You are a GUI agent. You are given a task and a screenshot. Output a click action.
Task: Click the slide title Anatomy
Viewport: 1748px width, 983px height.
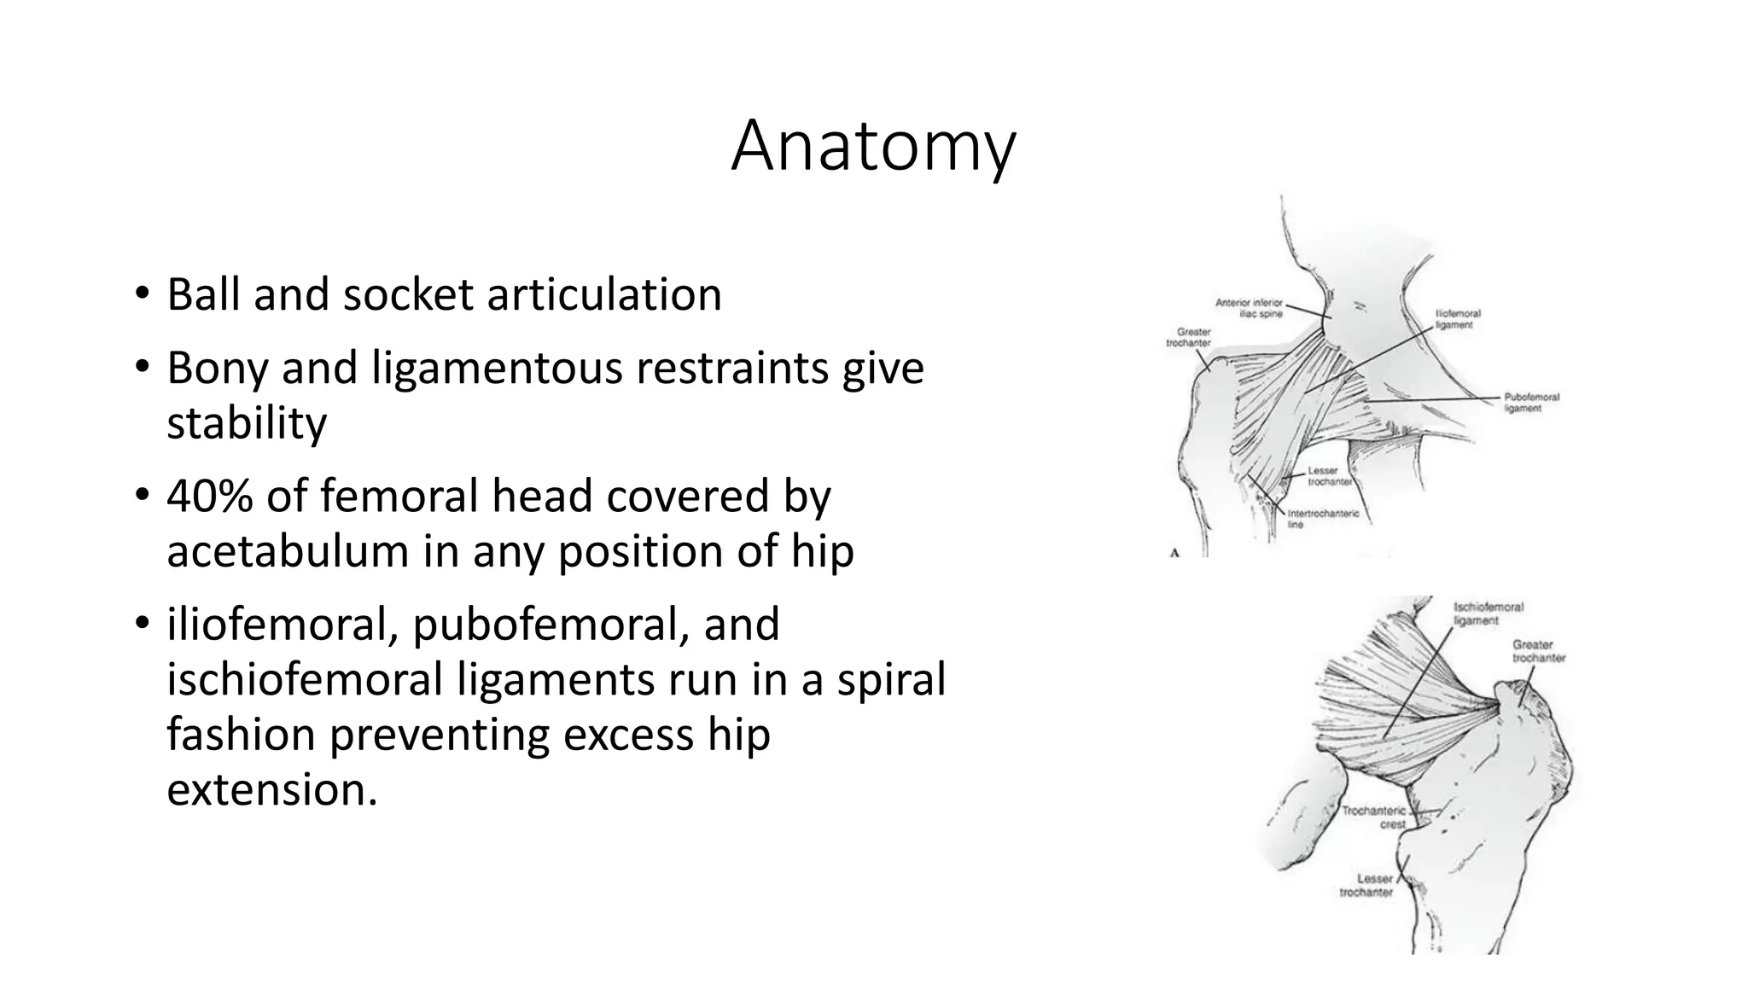click(873, 147)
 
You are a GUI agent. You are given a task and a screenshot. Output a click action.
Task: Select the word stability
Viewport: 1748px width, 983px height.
click(247, 423)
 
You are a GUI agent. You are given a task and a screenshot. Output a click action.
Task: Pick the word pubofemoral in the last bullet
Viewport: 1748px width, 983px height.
click(551, 625)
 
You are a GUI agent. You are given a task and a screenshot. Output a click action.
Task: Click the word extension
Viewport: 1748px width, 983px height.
click(271, 789)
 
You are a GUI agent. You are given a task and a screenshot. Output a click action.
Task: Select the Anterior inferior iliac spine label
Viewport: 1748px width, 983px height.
click(1249, 308)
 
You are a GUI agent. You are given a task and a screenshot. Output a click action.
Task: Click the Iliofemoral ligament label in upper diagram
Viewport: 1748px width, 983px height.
click(1458, 319)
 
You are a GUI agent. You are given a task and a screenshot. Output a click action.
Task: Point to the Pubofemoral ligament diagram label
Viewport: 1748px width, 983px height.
click(1531, 403)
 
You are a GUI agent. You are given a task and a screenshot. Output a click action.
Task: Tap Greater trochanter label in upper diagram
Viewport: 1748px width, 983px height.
click(1188, 337)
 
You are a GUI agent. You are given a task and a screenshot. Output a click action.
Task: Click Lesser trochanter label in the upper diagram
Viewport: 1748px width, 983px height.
click(1329, 476)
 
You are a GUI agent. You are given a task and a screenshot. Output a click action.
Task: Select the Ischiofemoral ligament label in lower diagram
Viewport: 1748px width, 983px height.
click(1488, 614)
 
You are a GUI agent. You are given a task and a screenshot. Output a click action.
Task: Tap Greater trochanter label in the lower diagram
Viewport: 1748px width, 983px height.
click(1538, 651)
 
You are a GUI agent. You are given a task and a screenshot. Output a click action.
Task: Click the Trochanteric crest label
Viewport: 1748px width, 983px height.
click(1374, 817)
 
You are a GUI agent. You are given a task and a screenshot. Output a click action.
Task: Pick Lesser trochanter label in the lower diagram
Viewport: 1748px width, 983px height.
click(1366, 885)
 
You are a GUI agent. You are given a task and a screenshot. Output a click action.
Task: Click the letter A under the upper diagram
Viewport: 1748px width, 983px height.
click(1174, 553)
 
